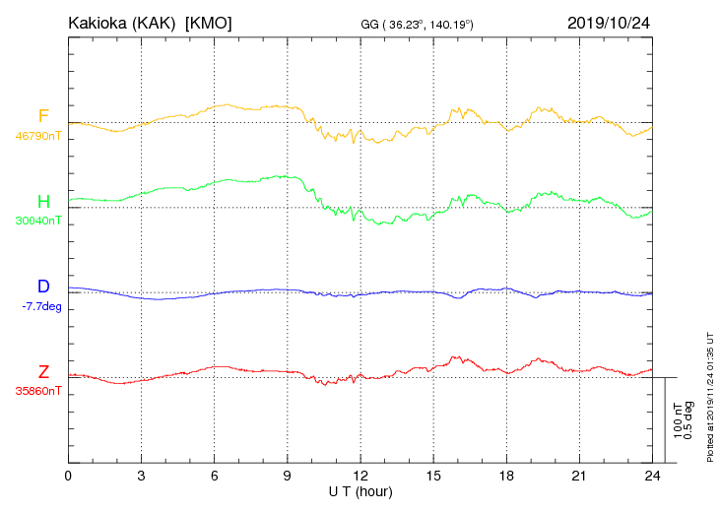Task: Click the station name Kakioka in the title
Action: (98, 23)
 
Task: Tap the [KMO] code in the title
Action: (209, 23)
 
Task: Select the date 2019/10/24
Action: (611, 23)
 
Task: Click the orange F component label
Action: (43, 116)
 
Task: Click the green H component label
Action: (43, 201)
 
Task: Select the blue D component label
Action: (43, 287)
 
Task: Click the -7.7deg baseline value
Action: (40, 306)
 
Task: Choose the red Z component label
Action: (43, 371)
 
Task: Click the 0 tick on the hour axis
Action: (68, 476)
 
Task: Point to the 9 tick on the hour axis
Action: (288, 476)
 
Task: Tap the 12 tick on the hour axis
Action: (360, 476)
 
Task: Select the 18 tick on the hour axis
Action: (507, 476)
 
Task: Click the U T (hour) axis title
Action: (360, 490)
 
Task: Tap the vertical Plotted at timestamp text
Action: (709, 394)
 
